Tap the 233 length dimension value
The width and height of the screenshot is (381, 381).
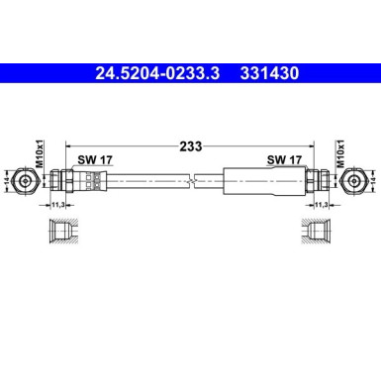coord(192,145)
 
